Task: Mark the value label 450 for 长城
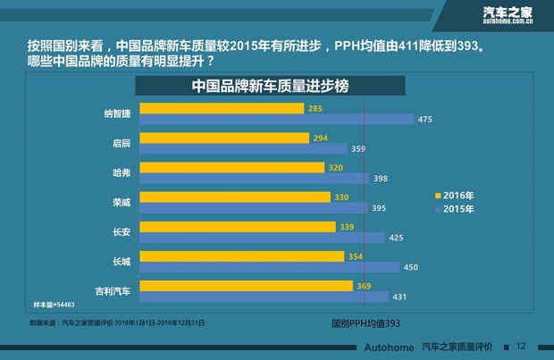click(x=411, y=267)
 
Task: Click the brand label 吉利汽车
click(x=114, y=291)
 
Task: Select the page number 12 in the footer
click(x=521, y=347)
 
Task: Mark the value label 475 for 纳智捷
click(x=424, y=120)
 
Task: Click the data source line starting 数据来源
click(x=116, y=322)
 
